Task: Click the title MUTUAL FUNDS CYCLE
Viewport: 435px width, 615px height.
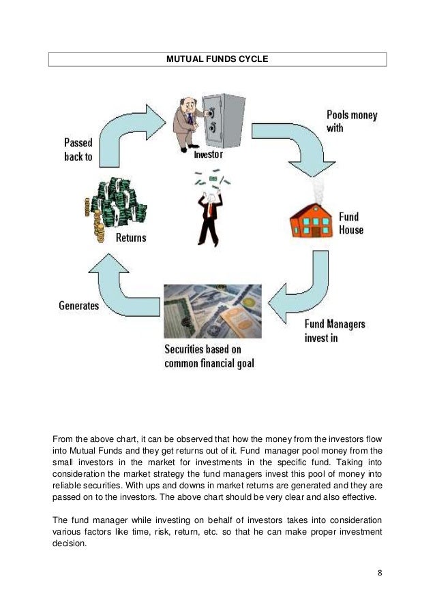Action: point(217,60)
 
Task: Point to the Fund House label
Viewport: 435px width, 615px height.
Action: point(351,223)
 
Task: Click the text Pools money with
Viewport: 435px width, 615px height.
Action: point(351,121)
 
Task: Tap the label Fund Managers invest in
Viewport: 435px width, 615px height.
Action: point(335,331)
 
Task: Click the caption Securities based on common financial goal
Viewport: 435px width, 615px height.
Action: point(209,356)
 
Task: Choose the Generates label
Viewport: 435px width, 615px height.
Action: point(78,306)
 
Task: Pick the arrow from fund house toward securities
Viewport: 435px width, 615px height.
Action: point(299,286)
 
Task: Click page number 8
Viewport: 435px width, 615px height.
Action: point(380,572)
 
